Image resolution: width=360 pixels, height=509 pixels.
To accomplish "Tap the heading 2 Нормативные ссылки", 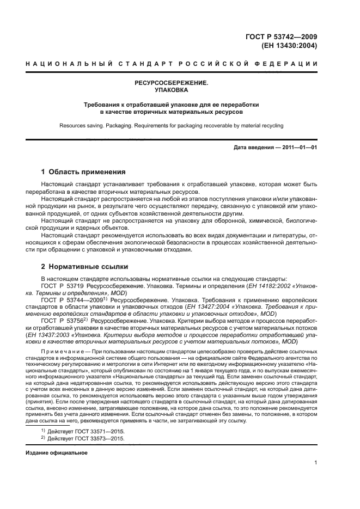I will (85, 267).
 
